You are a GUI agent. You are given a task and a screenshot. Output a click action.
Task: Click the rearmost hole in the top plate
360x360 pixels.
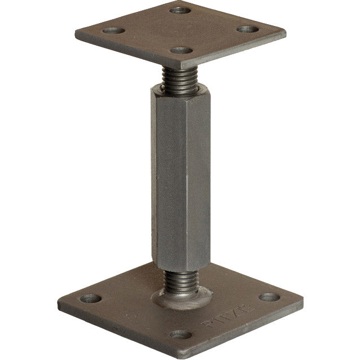(x=180, y=10)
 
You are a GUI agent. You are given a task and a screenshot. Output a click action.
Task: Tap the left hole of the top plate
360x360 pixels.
(x=113, y=30)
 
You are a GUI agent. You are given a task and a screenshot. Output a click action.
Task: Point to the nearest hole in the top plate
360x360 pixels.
(x=182, y=50)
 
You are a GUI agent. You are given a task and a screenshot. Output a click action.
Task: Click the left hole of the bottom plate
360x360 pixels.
(x=90, y=299)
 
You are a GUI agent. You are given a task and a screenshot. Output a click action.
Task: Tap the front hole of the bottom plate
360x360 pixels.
(x=181, y=334)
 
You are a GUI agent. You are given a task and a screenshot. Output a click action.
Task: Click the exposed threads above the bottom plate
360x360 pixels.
(x=180, y=280)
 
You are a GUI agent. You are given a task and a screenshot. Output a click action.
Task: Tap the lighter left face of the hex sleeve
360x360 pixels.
(x=166, y=175)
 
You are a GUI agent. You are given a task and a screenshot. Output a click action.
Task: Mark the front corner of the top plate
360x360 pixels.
(x=188, y=67)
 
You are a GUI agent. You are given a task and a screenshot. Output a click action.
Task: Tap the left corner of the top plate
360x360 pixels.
(x=76, y=33)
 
